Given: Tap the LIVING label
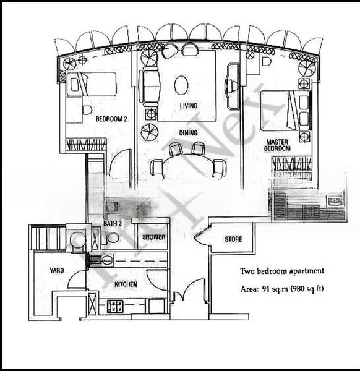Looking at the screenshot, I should pos(188,106).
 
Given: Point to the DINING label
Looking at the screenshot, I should pos(188,132).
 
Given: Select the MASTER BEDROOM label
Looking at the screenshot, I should pos(278,144).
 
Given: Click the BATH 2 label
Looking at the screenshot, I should pos(112,223).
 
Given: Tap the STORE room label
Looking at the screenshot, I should pos(233,239).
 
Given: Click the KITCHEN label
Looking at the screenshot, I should pos(126,284).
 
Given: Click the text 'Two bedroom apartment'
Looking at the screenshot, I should pos(282,271).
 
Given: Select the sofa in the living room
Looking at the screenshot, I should pos(148,87).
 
